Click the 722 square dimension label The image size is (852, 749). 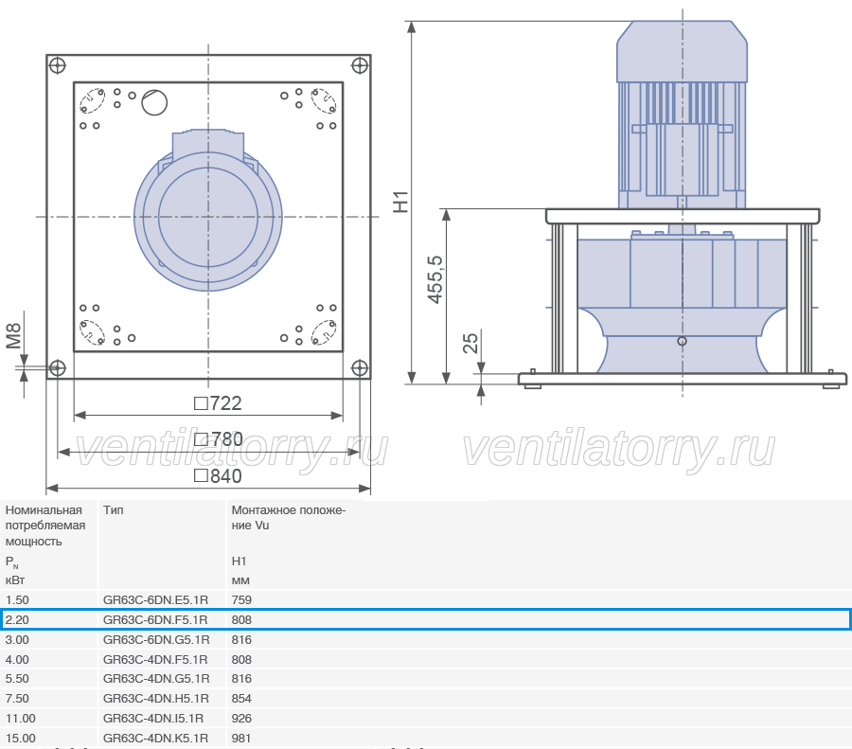(218, 403)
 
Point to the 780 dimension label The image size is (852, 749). (219, 439)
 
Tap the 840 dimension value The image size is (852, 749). (218, 476)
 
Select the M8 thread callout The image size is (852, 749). (13, 336)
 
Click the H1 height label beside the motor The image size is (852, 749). (400, 202)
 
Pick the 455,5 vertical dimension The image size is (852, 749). (435, 279)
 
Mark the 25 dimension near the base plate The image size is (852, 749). (470, 343)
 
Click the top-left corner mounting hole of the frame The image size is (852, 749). (57, 65)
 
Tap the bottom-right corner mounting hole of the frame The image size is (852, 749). (360, 368)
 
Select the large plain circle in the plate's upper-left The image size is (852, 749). (154, 102)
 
